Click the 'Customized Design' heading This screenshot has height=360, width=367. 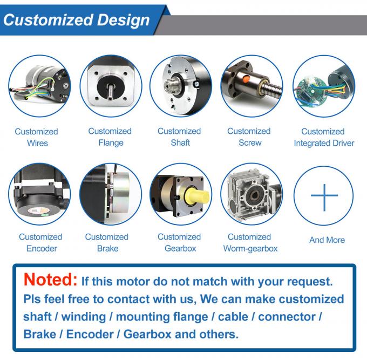pos(77,20)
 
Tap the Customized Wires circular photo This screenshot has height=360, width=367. pos(39,86)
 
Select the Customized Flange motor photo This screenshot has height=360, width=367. pos(111,86)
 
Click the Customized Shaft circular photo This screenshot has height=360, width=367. pos(180,86)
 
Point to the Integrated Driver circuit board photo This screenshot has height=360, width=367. pos(323,86)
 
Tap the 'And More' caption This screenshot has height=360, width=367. pos(327,240)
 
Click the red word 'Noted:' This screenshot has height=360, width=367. pos(51,280)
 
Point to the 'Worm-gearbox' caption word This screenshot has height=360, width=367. pos(250,249)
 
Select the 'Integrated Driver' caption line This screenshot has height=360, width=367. pos(324,144)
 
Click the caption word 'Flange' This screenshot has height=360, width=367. pos(111,143)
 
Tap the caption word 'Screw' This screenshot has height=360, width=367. pos(249,143)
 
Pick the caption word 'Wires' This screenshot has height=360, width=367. pos(37,144)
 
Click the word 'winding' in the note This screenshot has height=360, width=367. pos(82,317)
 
